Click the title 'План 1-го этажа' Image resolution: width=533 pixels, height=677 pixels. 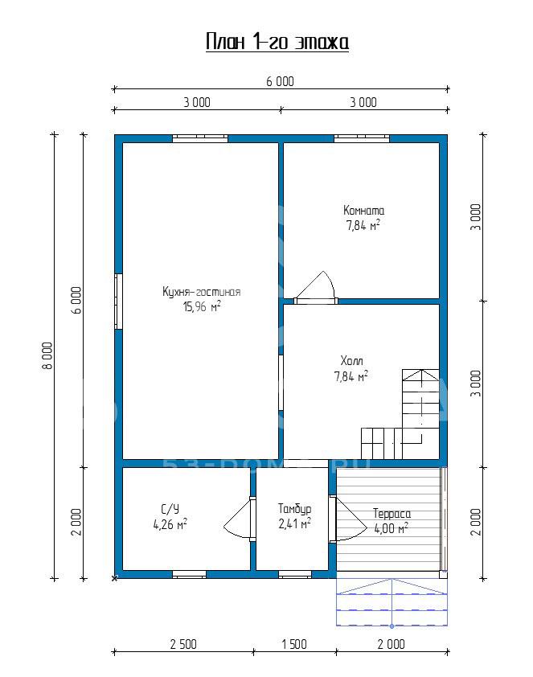click(277, 43)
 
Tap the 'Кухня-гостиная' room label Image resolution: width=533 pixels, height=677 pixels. click(202, 292)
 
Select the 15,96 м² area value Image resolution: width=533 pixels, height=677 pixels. click(202, 306)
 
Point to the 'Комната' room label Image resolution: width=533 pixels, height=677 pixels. click(363, 211)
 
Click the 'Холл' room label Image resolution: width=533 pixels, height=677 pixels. click(352, 360)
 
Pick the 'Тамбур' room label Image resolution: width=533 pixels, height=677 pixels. click(294, 509)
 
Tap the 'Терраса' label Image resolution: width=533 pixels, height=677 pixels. click(392, 514)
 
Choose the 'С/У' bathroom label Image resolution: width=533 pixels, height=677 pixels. click(170, 509)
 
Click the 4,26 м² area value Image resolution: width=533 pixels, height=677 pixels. click(170, 524)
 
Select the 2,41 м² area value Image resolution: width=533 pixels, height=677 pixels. click(294, 523)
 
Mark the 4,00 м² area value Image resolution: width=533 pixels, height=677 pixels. click(391, 528)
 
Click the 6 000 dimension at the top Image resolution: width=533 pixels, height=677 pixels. click(280, 81)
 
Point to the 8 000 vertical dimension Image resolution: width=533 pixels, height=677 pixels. click(47, 355)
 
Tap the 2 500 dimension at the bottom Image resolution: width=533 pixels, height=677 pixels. click(183, 644)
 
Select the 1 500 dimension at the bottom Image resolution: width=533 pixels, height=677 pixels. click(294, 644)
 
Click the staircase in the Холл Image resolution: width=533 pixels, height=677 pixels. click(400, 414)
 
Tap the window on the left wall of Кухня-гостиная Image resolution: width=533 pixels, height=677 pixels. click(119, 302)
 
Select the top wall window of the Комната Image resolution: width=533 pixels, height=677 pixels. click(362, 138)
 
